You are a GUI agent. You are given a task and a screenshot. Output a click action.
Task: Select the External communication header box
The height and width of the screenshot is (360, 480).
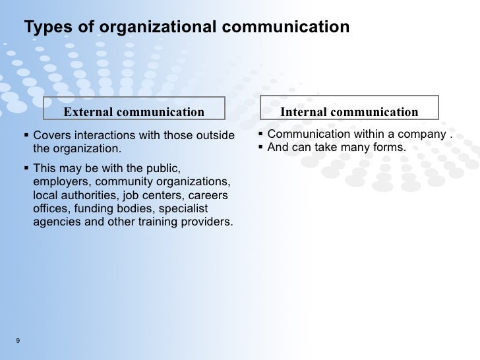coord(134,112)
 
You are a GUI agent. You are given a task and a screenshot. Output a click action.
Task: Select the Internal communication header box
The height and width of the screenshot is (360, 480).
coord(349,112)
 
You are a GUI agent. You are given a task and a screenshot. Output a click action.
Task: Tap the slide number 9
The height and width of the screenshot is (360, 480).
coord(16,340)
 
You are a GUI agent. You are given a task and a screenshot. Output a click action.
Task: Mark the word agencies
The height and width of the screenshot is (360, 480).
coord(55,222)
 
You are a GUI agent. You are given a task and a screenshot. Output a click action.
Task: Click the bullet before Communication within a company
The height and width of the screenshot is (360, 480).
coord(260,135)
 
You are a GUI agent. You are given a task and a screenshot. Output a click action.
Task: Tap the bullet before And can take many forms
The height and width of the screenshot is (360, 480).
coord(260,147)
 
